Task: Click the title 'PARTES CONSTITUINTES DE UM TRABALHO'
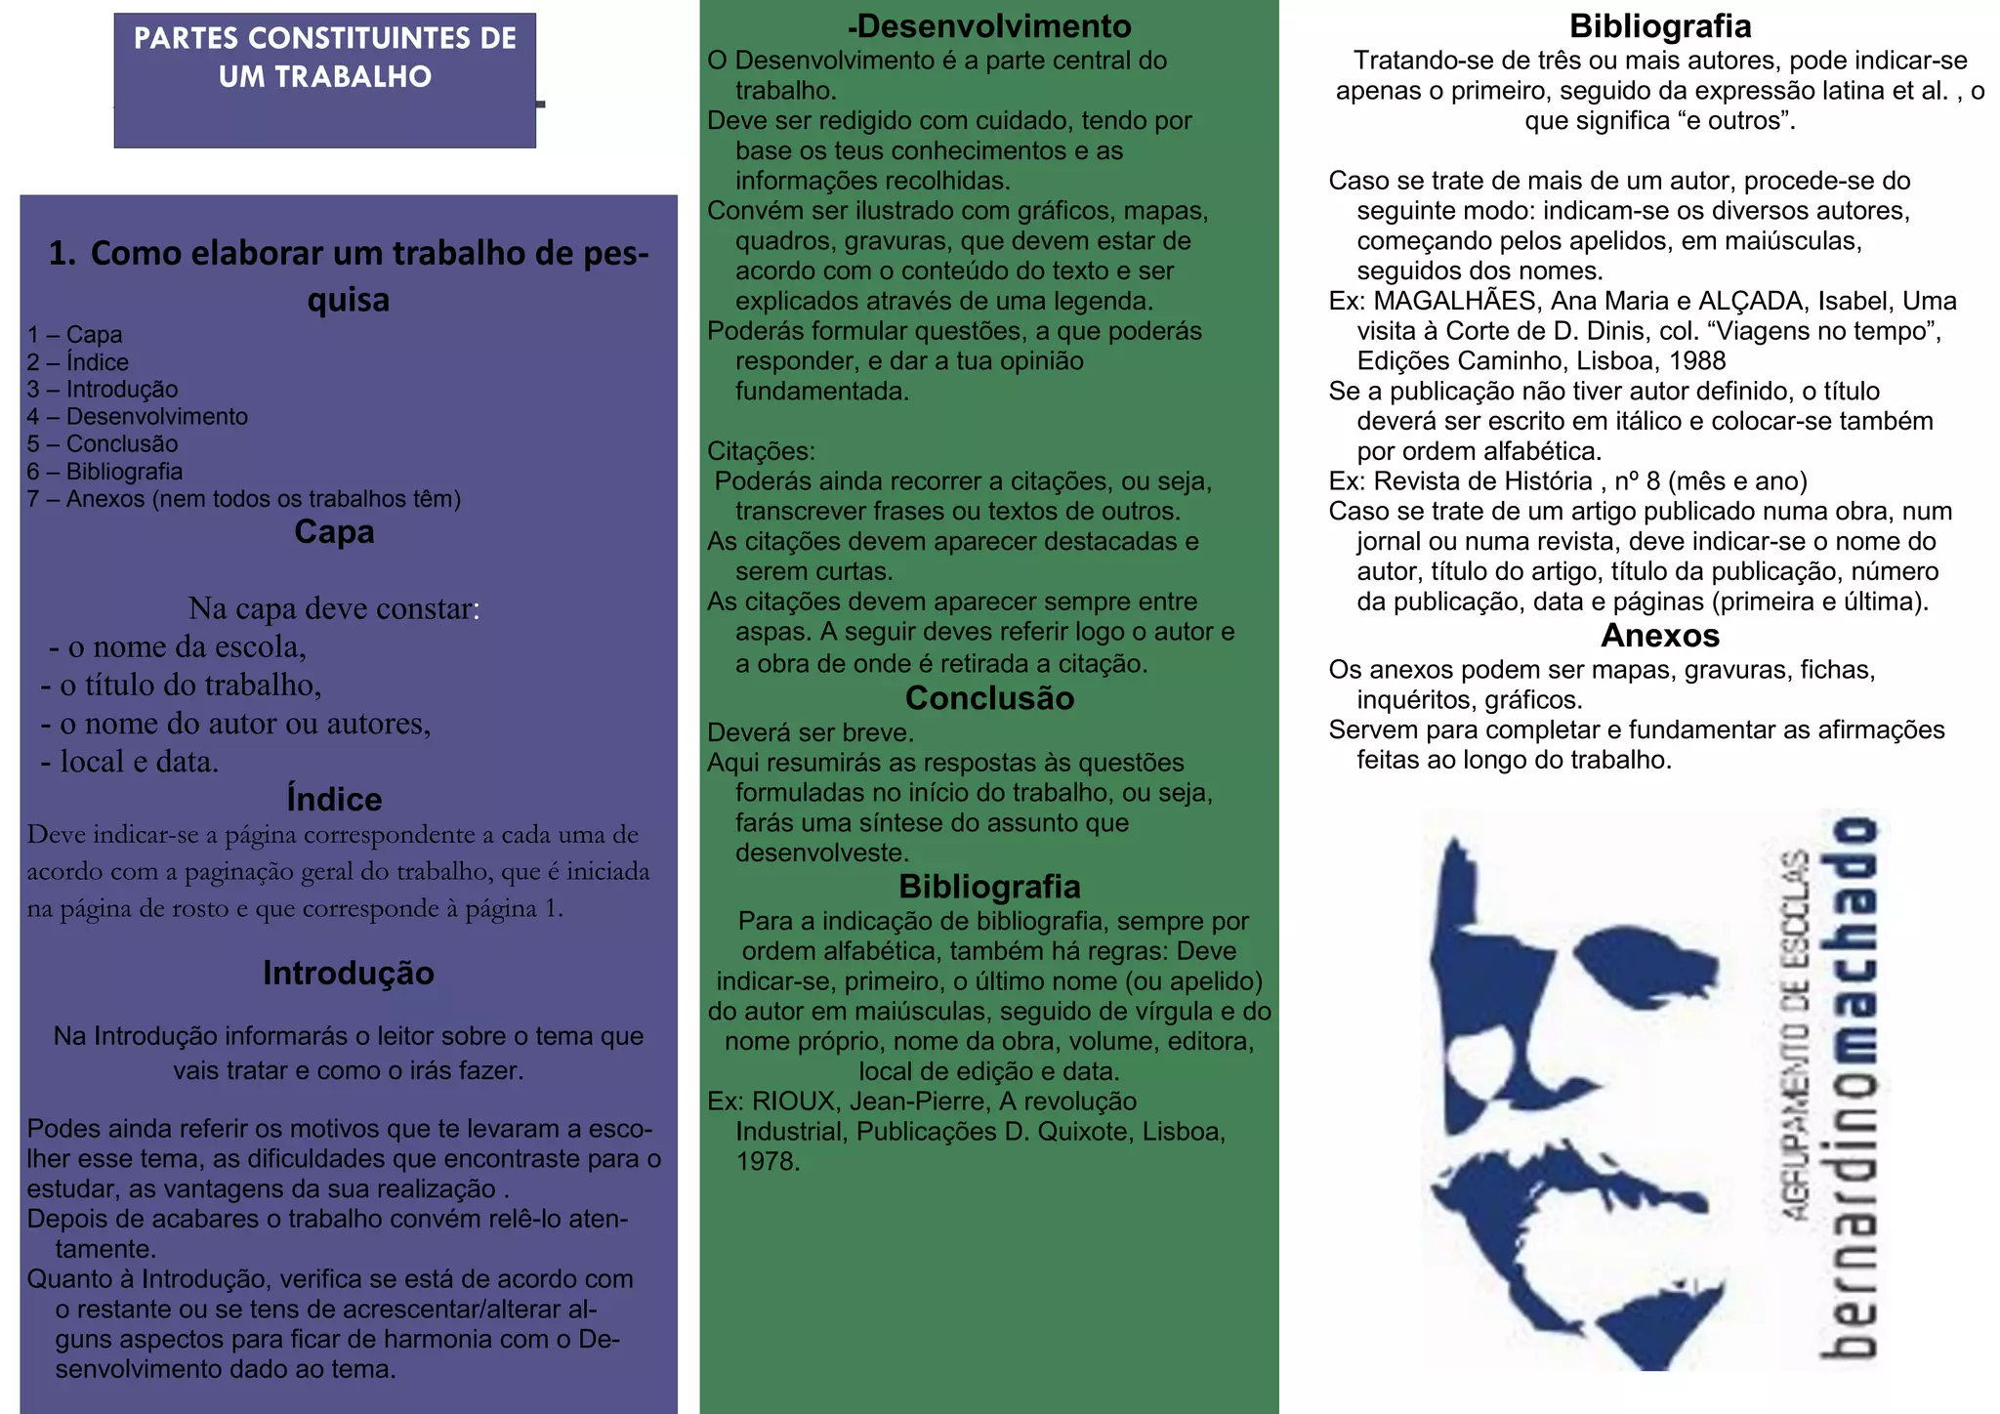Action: (325, 58)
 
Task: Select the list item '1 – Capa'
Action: (75, 335)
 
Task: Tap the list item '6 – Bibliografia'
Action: (104, 472)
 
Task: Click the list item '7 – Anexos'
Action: (243, 499)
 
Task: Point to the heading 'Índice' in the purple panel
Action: (334, 799)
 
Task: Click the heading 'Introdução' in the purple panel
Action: (349, 973)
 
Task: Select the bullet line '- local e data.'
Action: (130, 762)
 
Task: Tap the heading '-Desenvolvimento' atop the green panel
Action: (989, 26)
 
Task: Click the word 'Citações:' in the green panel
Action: (761, 451)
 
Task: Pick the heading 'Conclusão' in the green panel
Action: (989, 698)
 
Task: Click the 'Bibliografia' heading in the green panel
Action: (989, 887)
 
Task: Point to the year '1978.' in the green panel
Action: (768, 1162)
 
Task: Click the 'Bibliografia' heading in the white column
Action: (1660, 26)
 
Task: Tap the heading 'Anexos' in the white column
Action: (1660, 636)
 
